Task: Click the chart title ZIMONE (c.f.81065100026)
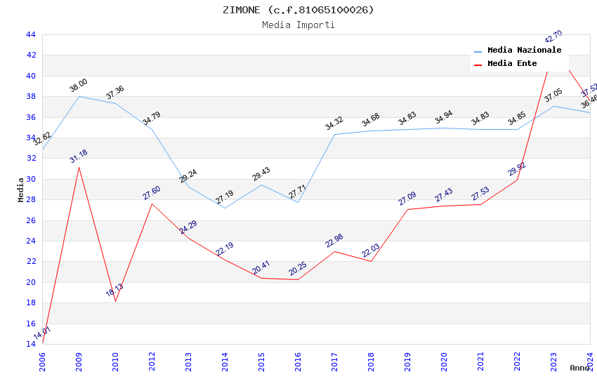298,10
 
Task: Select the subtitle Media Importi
298,25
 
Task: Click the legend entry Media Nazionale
524,50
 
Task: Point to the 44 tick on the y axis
30,34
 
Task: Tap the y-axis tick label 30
30,179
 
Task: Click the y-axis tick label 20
30,282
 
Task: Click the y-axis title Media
20,189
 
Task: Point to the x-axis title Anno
579,368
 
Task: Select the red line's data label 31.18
79,156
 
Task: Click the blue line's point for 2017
334,134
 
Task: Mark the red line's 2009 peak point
79,166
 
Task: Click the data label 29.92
517,168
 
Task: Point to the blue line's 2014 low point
225,208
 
